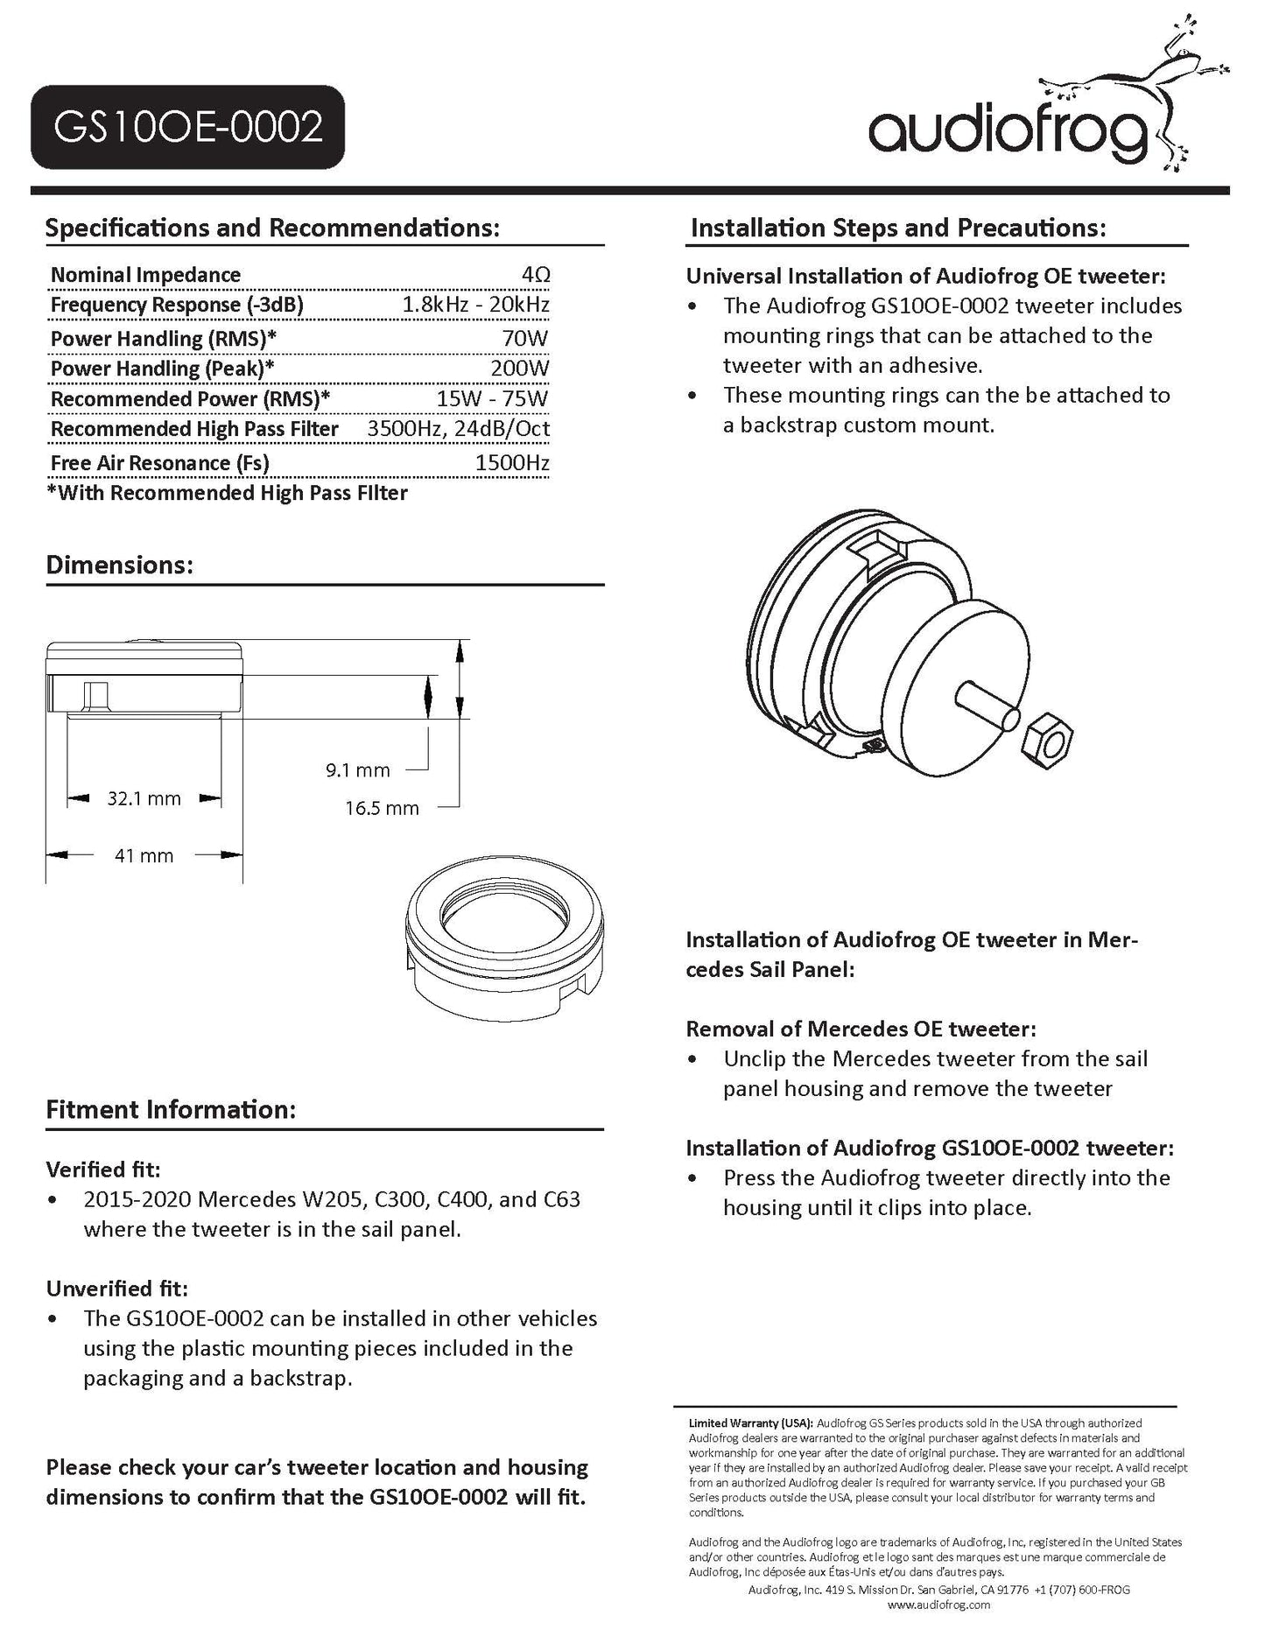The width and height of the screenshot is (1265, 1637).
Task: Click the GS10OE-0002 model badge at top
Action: pyautogui.click(x=187, y=127)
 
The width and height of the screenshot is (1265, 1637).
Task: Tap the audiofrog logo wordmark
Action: pyautogui.click(x=1008, y=131)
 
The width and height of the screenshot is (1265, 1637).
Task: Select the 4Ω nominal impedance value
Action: pyautogui.click(x=535, y=275)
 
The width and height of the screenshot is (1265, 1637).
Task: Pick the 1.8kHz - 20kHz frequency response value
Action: pyautogui.click(x=475, y=305)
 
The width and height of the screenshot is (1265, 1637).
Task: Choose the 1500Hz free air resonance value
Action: pyautogui.click(x=512, y=463)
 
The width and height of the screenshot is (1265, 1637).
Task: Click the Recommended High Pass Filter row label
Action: pyautogui.click(x=194, y=429)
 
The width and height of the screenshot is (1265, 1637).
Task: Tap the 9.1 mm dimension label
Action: pyautogui.click(x=357, y=770)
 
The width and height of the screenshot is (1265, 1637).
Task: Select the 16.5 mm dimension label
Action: pyautogui.click(x=382, y=808)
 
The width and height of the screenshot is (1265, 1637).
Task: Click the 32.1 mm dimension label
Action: pyautogui.click(x=144, y=798)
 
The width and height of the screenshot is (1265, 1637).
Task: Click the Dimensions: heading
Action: pyautogui.click(x=119, y=565)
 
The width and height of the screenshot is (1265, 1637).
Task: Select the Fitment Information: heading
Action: pyautogui.click(x=171, y=1110)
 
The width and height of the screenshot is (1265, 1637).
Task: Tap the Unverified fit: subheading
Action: pyautogui.click(x=117, y=1289)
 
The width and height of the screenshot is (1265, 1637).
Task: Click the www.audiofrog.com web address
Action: pyautogui.click(x=938, y=1605)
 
